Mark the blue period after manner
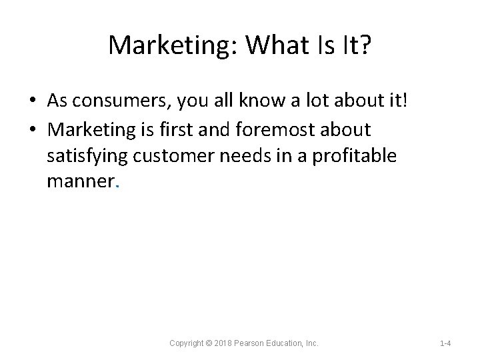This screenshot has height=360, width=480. tap(117, 187)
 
